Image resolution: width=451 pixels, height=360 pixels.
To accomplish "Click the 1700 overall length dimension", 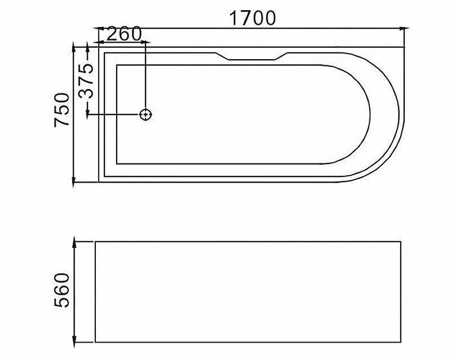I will (252, 18).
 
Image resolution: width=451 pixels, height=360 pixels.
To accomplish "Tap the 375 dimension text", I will (85, 81).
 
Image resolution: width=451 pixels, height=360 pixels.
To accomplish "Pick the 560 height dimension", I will (62, 290).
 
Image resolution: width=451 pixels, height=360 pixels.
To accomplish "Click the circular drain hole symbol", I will (146, 114).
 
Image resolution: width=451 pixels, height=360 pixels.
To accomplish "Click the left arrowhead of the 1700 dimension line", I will (98, 27).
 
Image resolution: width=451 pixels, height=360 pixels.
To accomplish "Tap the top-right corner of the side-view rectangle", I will (401, 242).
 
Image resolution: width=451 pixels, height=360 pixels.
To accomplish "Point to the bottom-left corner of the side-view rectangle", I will (95, 342).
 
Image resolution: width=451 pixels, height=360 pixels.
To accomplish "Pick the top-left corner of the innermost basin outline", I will (116, 65).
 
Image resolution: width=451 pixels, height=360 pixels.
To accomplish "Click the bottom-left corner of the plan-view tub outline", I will (99, 183).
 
